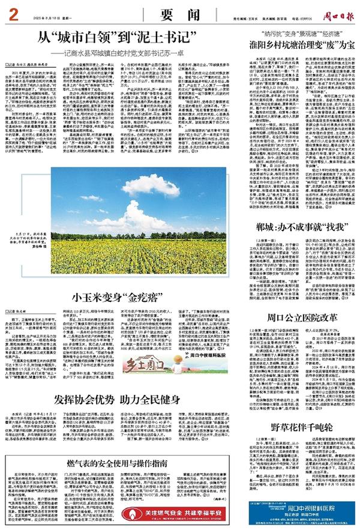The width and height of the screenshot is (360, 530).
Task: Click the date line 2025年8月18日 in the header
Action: coord(55,14)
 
